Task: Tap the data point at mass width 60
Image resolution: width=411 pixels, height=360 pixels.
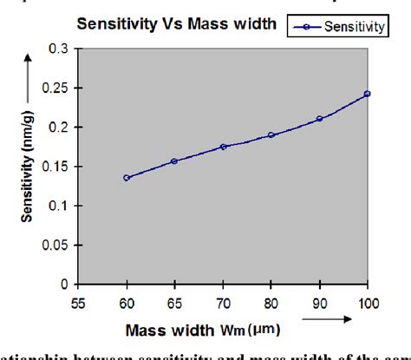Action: point(127,178)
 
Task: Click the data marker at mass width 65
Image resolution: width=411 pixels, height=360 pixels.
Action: point(174,161)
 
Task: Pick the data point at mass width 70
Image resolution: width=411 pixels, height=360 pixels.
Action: point(223,147)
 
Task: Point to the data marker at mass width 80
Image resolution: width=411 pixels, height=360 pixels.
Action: point(271,135)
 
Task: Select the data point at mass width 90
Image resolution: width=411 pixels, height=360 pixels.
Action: point(320,119)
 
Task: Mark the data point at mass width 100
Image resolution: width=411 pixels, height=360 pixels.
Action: point(368,94)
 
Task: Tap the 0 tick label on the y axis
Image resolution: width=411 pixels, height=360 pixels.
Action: point(64,285)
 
